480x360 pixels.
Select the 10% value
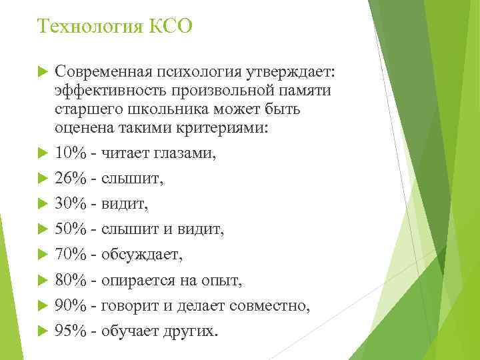pyautogui.click(x=71, y=153)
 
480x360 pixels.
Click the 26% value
pyautogui.click(x=71, y=179)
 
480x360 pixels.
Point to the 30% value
pyautogui.click(x=71, y=204)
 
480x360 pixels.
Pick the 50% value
pyautogui.click(x=71, y=229)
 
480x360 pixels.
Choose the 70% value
pyautogui.click(x=71, y=255)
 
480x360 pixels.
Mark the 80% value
pyautogui.click(x=71, y=280)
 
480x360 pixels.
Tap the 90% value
pyautogui.click(x=71, y=305)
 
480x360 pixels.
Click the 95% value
pyautogui.click(x=71, y=331)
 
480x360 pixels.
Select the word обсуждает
pyautogui.click(x=141, y=255)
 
